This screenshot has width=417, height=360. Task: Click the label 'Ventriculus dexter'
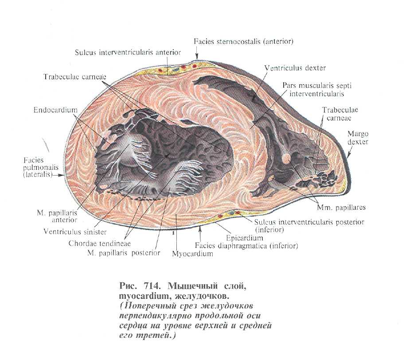(295, 68)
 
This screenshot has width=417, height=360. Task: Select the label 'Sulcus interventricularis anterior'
(128, 52)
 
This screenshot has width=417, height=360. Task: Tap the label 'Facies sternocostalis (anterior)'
(244, 42)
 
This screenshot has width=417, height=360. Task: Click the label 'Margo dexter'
(358, 138)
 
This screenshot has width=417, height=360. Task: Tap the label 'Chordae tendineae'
(96, 243)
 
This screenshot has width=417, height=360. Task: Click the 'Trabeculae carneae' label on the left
(75, 77)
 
